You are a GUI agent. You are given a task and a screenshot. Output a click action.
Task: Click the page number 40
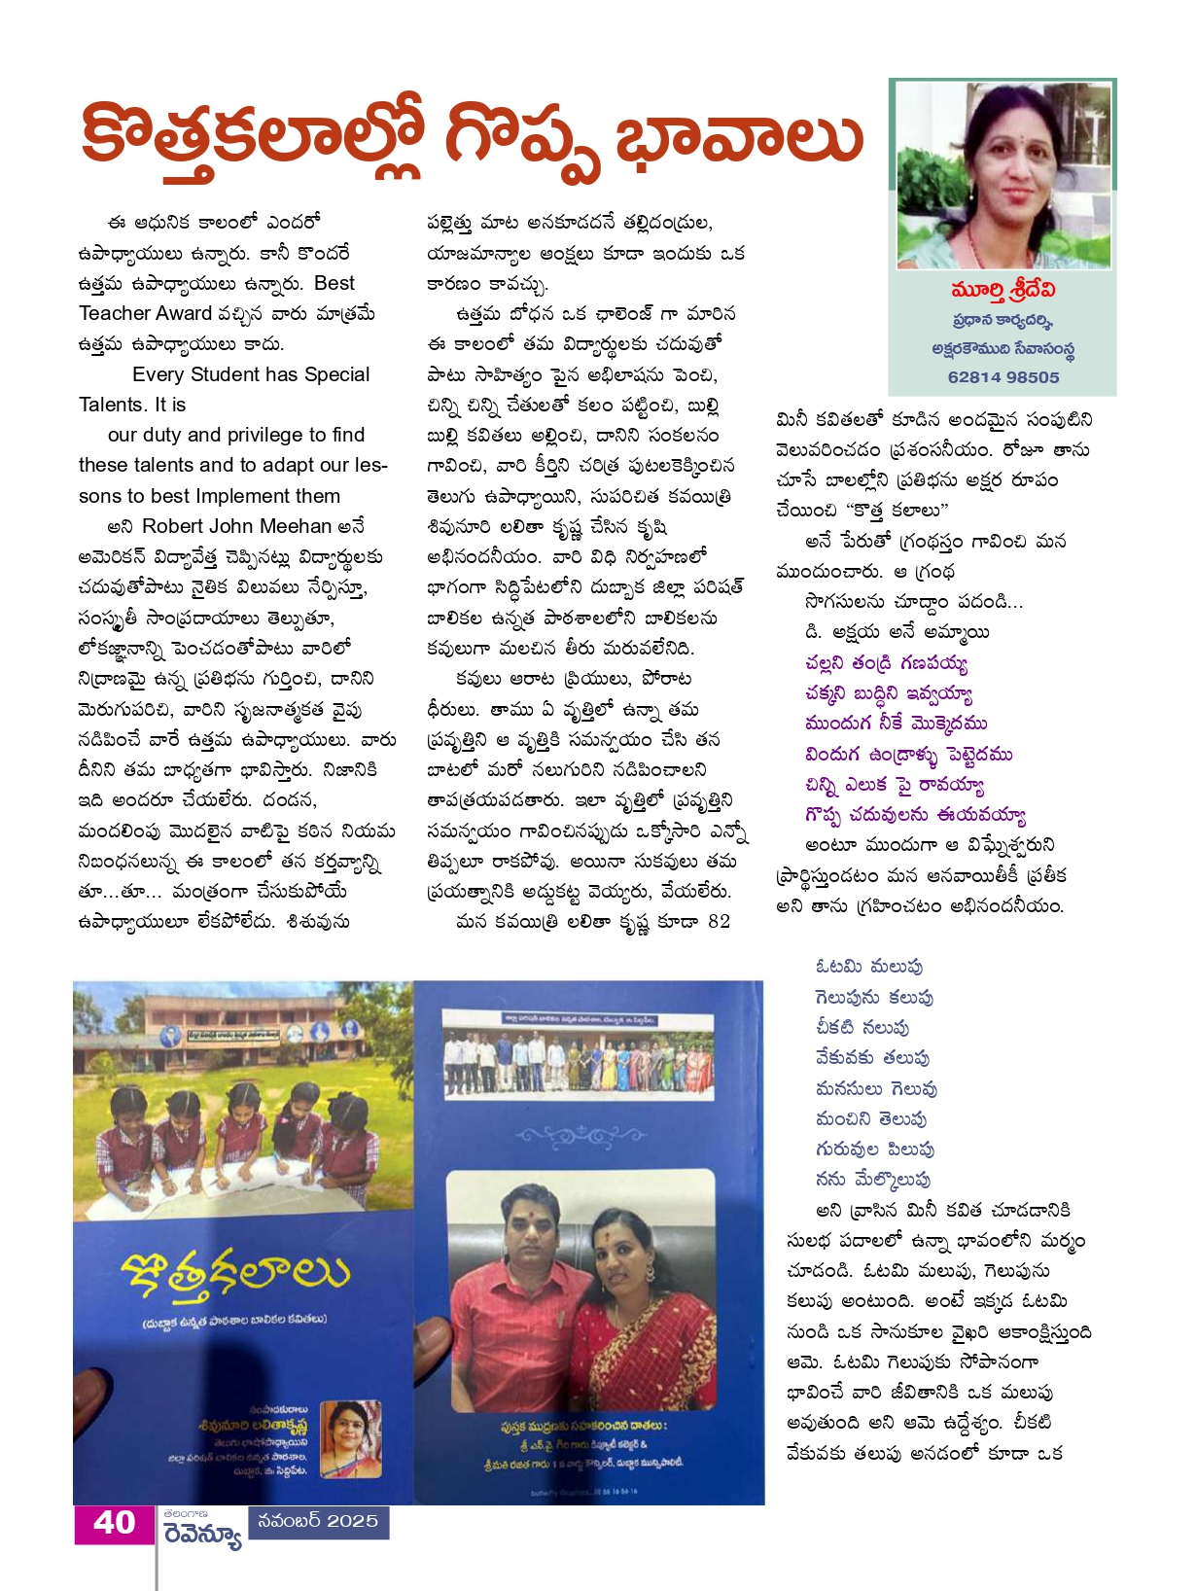click(114, 1523)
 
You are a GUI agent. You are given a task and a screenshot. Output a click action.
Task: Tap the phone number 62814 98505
click(1003, 377)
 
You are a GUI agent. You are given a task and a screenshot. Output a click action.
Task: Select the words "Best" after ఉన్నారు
click(334, 283)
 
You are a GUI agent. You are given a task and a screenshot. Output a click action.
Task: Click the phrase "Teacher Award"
click(146, 313)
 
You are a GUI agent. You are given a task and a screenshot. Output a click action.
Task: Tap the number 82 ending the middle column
click(720, 922)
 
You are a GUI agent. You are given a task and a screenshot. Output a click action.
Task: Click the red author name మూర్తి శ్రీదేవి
click(1003, 291)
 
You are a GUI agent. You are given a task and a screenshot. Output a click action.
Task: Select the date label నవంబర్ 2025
click(319, 1521)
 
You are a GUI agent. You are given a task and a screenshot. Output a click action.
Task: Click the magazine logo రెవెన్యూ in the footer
click(202, 1535)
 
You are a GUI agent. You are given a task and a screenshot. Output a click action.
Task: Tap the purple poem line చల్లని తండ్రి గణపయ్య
click(887, 663)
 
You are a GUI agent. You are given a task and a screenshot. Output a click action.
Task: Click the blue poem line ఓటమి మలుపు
click(869, 967)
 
